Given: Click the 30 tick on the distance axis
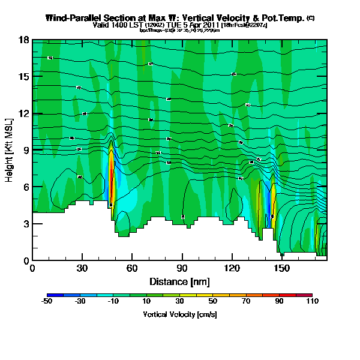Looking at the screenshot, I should pyautogui.click(x=82, y=268).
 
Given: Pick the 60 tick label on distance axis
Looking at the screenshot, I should pyautogui.click(x=132, y=268).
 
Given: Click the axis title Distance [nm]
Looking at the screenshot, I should pyautogui.click(x=179, y=281).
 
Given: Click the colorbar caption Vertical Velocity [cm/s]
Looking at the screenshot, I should pyautogui.click(x=179, y=314).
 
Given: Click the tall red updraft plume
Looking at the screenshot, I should pyautogui.click(x=111, y=180).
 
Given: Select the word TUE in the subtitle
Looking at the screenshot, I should pyautogui.click(x=179, y=25).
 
